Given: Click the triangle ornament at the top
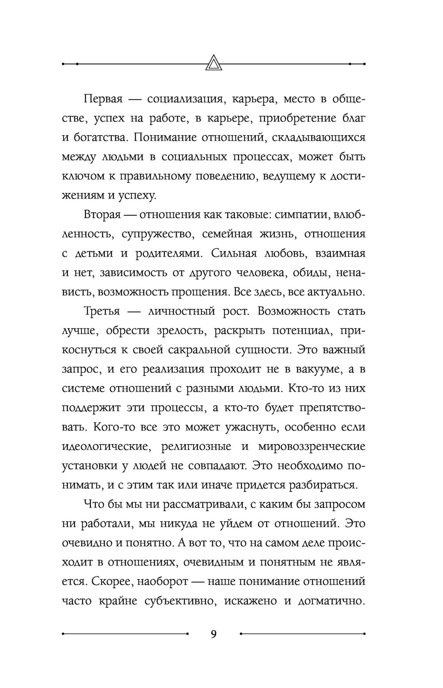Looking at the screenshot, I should (214, 63).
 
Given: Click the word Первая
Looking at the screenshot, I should (103, 99).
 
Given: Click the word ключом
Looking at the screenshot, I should (80, 176).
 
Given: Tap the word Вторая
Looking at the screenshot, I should (102, 215).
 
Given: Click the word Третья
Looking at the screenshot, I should (102, 311).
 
